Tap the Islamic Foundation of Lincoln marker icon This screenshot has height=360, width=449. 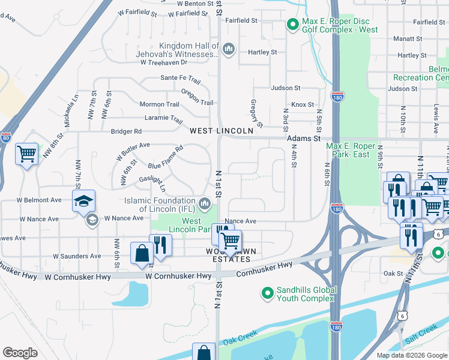(205, 205)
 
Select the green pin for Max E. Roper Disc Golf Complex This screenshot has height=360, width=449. (292, 25)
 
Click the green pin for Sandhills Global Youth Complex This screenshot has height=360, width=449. (268, 293)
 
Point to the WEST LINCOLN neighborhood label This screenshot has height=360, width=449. (221, 131)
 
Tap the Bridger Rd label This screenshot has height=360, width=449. (126, 131)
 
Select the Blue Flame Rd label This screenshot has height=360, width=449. (166, 157)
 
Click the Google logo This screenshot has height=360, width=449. (20, 353)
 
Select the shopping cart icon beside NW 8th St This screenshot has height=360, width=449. (26, 155)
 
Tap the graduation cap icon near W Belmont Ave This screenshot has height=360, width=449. (83, 200)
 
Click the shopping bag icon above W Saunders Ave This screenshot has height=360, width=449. (142, 253)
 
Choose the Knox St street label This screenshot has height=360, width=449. (303, 104)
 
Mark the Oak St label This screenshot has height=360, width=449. (393, 273)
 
